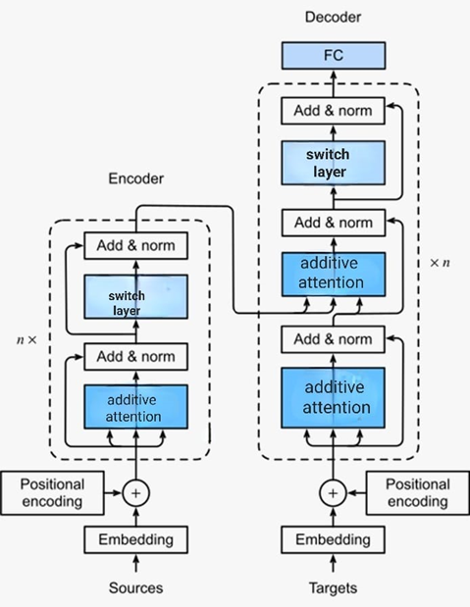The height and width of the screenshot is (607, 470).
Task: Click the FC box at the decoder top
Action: click(333, 55)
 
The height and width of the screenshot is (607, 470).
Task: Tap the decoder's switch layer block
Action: click(333, 163)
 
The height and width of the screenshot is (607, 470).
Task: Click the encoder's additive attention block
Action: click(135, 408)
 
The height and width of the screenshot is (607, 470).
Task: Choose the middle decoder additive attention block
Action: click(333, 274)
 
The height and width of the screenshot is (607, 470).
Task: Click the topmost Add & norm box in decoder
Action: click(333, 111)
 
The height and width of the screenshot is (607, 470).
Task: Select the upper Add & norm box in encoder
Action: click(135, 245)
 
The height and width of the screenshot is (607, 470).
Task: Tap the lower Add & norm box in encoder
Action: click(135, 356)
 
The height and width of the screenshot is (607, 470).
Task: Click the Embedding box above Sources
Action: click(135, 539)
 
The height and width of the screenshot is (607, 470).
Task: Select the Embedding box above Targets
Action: click(333, 539)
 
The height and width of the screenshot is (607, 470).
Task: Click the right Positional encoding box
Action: click(417, 492)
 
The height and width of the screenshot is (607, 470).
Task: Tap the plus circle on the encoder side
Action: click(135, 492)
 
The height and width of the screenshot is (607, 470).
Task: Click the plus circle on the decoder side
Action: click(333, 492)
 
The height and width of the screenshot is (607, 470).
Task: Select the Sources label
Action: click(135, 587)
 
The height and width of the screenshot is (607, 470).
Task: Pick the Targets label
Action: click(333, 587)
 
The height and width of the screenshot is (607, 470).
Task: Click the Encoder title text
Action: click(135, 178)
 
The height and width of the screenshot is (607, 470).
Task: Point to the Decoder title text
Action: click(333, 17)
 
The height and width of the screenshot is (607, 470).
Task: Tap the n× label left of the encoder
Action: click(26, 339)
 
